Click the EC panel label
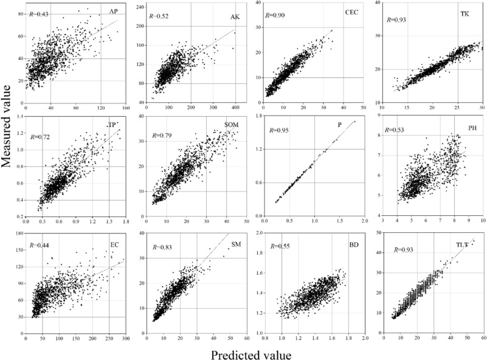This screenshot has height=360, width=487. click(x=114, y=245)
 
